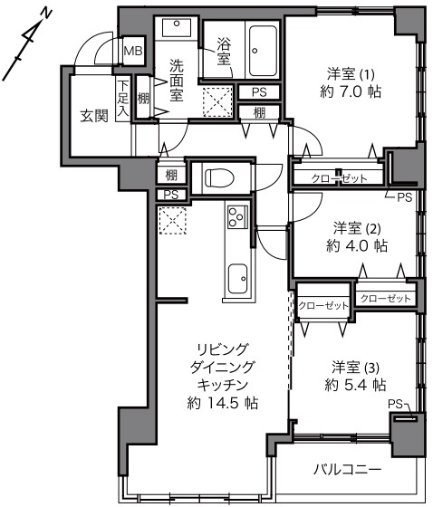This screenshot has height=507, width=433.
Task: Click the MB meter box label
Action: [x=133, y=51]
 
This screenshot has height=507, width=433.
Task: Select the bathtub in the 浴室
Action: [x=263, y=51]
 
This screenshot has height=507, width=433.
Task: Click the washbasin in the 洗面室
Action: [x=177, y=27]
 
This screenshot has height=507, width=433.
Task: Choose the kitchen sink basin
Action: [x=238, y=279]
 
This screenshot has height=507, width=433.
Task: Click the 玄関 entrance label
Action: [x=94, y=116]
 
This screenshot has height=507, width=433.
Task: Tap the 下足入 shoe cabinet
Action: [x=123, y=99]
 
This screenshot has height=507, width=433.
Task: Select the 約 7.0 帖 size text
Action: [x=351, y=92]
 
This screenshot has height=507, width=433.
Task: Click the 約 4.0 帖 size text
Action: [x=357, y=246]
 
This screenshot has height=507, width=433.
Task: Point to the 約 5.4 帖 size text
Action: [x=355, y=385]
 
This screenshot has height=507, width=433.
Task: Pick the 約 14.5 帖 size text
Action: [x=223, y=403]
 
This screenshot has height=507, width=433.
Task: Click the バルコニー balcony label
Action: [x=347, y=469]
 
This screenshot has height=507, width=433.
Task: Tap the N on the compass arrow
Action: [x=47, y=14]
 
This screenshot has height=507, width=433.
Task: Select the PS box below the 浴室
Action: [x=259, y=92]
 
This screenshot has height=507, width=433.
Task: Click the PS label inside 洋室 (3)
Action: [x=395, y=404]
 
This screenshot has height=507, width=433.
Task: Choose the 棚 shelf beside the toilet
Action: [x=171, y=175]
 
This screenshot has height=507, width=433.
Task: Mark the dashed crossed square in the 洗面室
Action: [x=217, y=101]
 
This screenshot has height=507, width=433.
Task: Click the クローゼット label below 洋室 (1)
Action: [x=339, y=178]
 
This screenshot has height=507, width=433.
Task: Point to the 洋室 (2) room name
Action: [x=357, y=228]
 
